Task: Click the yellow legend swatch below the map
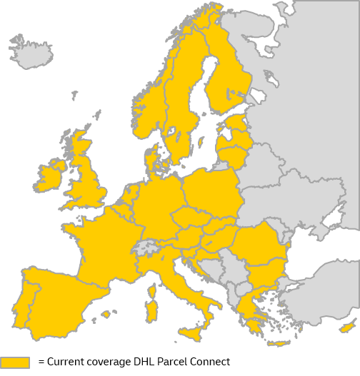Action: click(x=14, y=362)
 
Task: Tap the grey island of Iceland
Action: click(x=32, y=53)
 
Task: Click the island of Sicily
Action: click(x=191, y=332)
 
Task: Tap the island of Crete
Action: click(x=276, y=344)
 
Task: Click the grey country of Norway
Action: click(x=146, y=107)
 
